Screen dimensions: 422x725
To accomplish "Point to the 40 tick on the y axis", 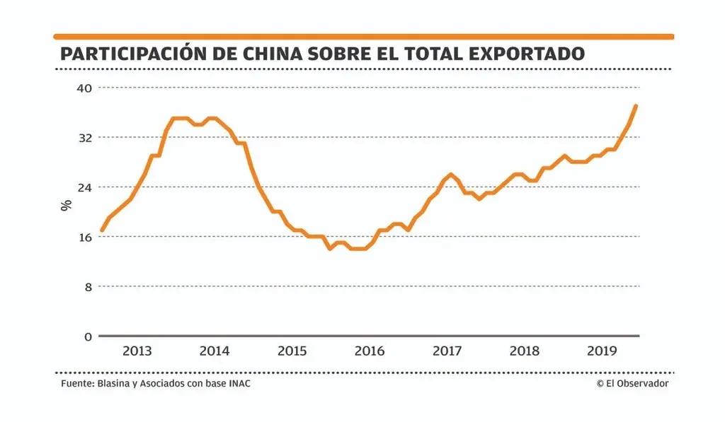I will [85, 88].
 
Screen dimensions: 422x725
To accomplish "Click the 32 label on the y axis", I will [85, 137].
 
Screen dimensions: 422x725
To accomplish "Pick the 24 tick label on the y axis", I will [85, 187].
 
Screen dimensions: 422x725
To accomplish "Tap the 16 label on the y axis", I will [85, 237].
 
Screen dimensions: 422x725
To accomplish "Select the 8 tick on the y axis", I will [89, 287].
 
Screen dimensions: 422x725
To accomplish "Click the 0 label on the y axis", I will [89, 336].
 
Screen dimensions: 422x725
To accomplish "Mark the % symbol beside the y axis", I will [66, 206].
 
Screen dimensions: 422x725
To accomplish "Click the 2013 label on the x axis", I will [137, 351].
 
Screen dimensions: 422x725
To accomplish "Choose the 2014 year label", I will [215, 351].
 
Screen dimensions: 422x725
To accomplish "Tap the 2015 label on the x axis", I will [292, 351].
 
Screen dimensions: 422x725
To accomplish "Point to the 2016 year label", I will [370, 351].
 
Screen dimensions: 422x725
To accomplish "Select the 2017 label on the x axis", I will [447, 351].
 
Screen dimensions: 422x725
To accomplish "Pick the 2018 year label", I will [525, 351].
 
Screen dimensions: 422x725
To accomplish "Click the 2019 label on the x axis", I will [603, 351].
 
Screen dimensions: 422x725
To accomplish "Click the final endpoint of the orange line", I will [636, 105].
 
